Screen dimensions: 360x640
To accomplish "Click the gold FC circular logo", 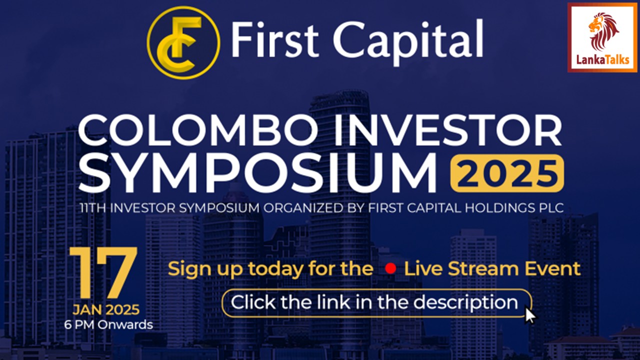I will (x=183, y=42).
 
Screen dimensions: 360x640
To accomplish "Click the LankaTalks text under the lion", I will (x=602, y=60).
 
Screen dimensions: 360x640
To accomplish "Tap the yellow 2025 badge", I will (x=507, y=173).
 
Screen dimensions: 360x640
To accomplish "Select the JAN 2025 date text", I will (x=105, y=309).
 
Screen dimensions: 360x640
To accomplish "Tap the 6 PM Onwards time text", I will (x=108, y=324).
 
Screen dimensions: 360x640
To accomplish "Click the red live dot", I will (x=390, y=269).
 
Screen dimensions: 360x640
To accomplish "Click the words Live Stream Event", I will (x=492, y=269).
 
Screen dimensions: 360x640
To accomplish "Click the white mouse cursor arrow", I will (x=529, y=315).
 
